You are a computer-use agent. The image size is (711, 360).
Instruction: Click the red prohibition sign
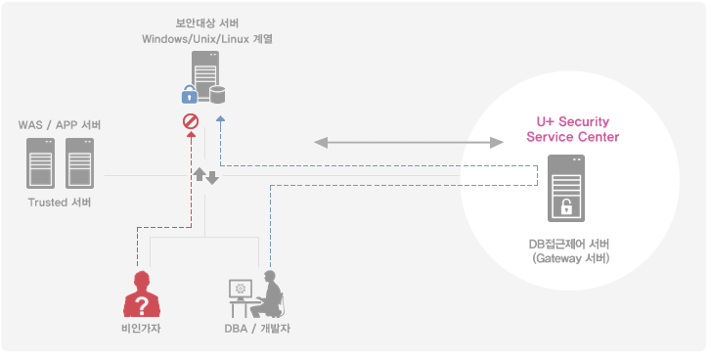tap(191, 122)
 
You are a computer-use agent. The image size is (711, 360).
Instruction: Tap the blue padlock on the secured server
tap(191, 95)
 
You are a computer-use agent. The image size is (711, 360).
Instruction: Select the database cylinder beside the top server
tap(216, 94)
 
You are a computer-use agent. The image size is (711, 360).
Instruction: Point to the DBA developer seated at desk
tap(271, 294)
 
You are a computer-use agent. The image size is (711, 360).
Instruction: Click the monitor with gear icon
tap(240, 291)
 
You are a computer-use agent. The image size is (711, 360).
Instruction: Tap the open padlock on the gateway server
tap(565, 206)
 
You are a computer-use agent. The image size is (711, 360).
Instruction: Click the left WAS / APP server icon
tap(40, 163)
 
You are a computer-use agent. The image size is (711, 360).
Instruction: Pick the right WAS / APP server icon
tap(78, 163)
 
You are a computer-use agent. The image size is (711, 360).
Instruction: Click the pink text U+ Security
tap(572, 121)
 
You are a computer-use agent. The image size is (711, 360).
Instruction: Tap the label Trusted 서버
tap(60, 202)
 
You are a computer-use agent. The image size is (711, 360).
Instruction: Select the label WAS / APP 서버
tap(60, 125)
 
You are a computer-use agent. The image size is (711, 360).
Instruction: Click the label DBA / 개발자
tap(256, 328)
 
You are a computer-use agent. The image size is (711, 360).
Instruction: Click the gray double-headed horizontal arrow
tap(409, 143)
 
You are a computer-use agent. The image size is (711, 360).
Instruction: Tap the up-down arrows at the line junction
tap(205, 176)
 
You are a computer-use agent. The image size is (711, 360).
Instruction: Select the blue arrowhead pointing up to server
tap(221, 119)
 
